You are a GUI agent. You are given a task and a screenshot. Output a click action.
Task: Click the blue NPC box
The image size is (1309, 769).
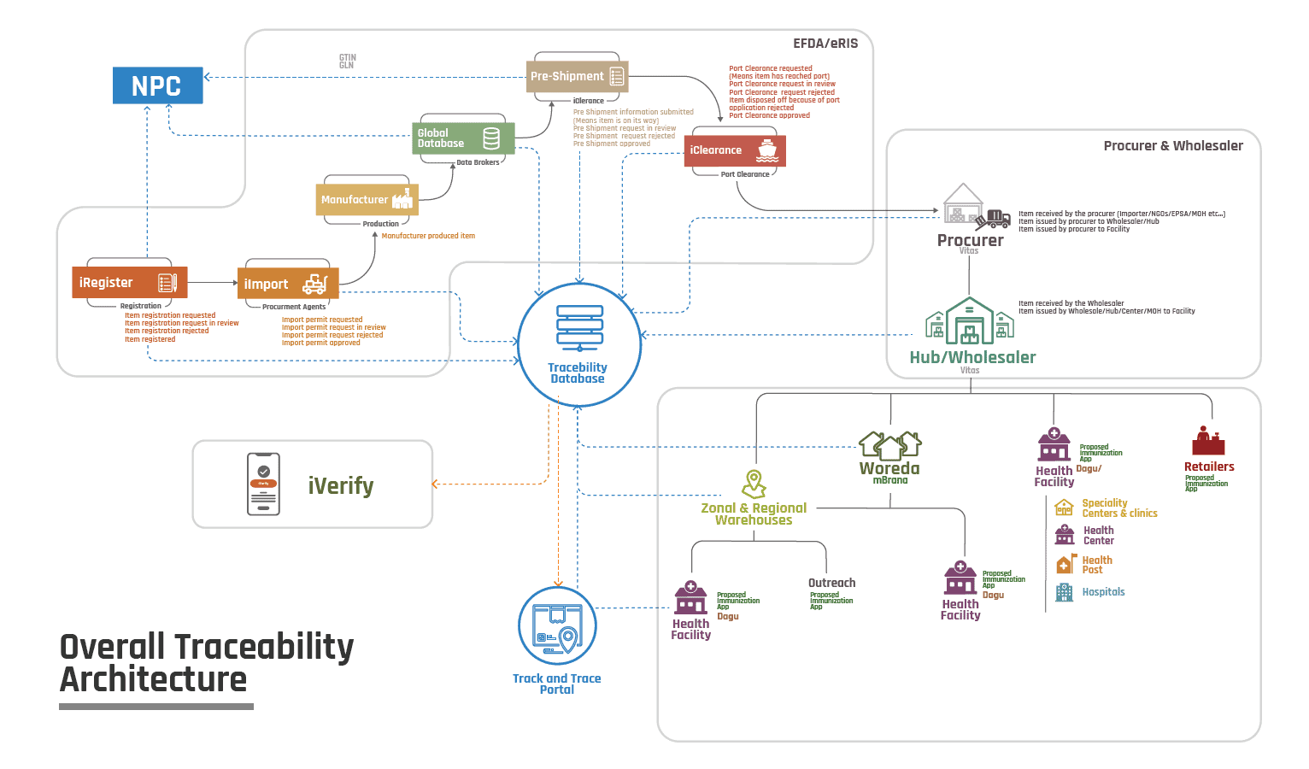157,85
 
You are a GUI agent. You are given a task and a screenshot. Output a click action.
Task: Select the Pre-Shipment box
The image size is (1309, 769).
578,77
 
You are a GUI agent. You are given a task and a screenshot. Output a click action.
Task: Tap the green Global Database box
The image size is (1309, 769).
463,138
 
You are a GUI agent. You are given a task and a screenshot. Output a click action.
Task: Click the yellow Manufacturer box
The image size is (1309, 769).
367,200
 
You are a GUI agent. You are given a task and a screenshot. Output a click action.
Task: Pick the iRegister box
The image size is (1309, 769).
129,283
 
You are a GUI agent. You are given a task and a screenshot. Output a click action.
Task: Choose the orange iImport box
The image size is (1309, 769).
287,284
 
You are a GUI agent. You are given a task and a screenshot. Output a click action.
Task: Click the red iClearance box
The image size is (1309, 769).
734,150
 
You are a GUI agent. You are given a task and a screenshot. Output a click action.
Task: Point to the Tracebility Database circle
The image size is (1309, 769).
579,344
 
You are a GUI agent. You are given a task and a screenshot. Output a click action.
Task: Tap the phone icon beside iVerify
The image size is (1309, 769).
263,484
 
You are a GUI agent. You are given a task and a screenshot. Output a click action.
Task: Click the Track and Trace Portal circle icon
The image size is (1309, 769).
557,626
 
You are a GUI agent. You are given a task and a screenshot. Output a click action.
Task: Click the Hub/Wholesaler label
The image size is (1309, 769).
972,358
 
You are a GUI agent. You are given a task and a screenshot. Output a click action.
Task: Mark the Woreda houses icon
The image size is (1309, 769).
889,445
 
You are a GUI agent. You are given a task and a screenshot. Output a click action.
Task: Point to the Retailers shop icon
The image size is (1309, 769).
1208,441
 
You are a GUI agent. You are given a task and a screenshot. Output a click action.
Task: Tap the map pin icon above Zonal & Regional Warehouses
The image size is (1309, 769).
754,484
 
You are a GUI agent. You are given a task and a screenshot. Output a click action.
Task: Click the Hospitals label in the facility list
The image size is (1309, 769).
1103,592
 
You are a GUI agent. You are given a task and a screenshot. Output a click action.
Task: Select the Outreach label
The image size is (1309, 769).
831,583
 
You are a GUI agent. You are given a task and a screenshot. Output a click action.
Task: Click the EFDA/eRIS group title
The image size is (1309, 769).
825,44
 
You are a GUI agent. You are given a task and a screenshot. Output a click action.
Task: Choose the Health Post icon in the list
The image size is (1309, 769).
1065,565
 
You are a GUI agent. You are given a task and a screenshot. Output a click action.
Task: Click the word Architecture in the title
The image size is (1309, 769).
154,680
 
